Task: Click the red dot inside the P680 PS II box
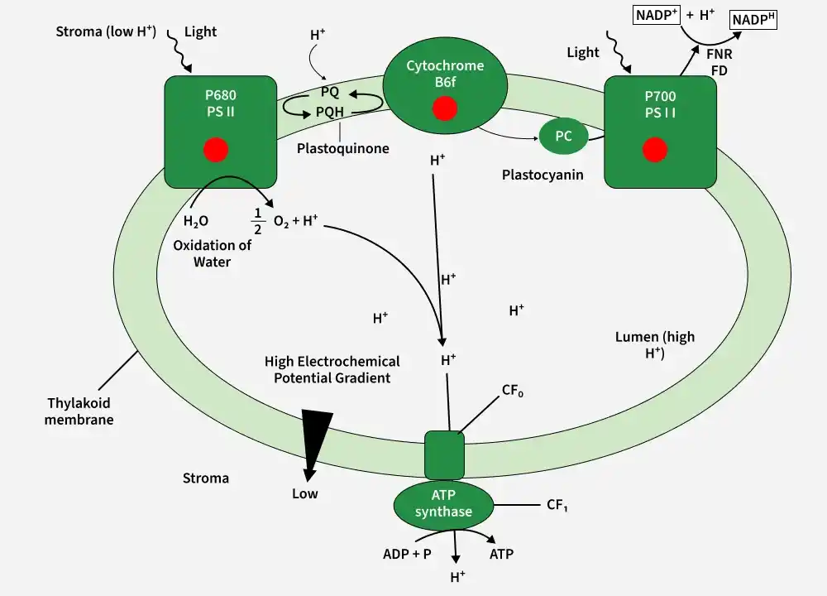point(216,149)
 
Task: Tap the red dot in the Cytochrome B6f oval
point(445,108)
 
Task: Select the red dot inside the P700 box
point(655,149)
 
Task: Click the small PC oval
point(563,136)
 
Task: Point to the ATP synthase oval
point(443,504)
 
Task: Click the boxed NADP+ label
point(656,15)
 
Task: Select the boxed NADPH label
point(753,20)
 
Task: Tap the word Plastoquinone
point(343,148)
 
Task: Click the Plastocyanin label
point(543,175)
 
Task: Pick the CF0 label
point(512,391)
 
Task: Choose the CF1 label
point(557,505)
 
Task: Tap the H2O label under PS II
point(196,221)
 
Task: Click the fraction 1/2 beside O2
point(258,221)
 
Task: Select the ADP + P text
point(407,554)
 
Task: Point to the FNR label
point(719,53)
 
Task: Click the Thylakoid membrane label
point(79,411)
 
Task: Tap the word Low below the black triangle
point(305,493)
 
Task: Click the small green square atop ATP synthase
point(445,455)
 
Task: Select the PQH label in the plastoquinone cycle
point(330,112)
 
